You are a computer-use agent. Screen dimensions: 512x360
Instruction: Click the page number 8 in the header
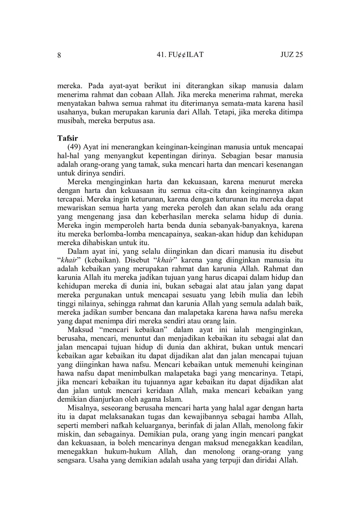tap(59, 55)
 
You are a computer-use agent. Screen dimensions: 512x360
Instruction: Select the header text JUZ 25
tap(291, 54)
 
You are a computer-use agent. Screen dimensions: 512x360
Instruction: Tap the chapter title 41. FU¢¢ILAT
tap(180, 54)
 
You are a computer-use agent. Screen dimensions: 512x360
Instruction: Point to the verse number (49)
tap(74, 147)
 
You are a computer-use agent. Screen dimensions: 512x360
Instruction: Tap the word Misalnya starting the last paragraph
tap(82, 408)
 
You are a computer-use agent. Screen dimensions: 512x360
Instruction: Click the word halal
tap(241, 408)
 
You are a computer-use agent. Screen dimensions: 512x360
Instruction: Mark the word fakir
tap(295, 425)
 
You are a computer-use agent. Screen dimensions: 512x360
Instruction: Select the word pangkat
tap(291, 434)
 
